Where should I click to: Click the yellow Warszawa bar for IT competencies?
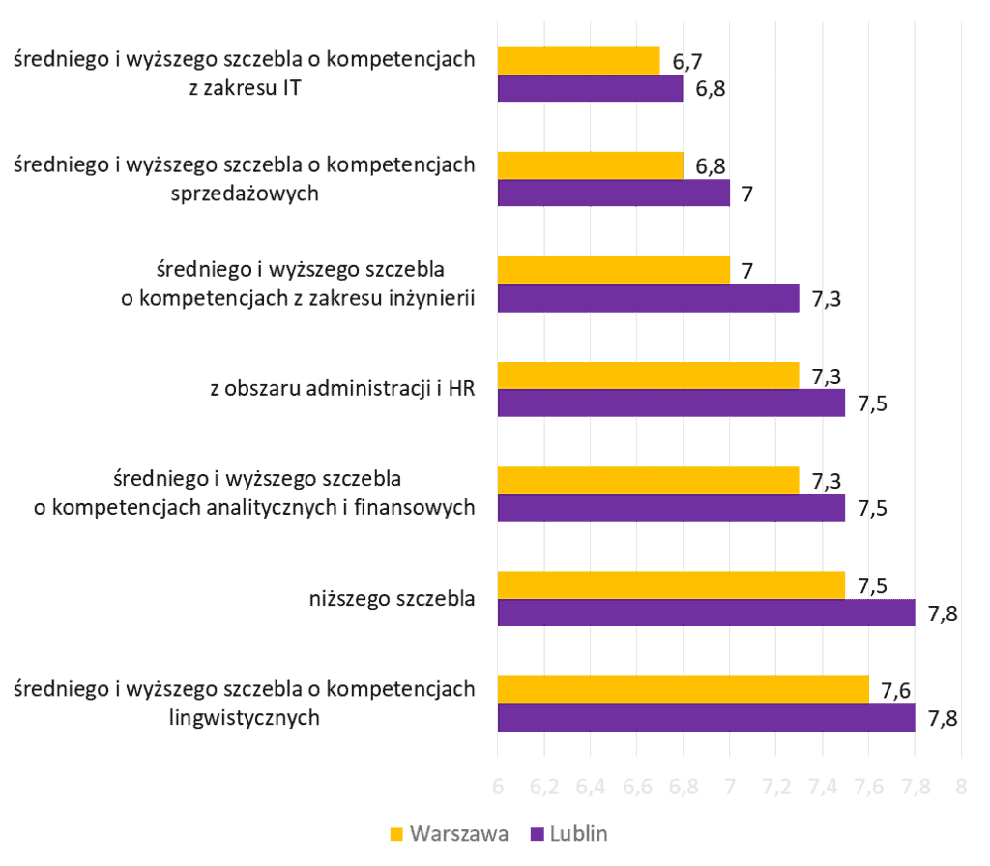[578, 60]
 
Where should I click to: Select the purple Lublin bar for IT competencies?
[590, 89]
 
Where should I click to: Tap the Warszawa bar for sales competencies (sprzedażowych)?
[590, 164]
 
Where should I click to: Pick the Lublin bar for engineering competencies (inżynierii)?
[648, 298]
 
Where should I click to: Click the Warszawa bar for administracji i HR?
[648, 374]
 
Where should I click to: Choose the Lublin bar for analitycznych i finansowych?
[671, 508]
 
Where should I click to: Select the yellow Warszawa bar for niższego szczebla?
[671, 584]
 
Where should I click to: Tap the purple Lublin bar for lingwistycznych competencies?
[706, 718]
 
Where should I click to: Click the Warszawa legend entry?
[449, 835]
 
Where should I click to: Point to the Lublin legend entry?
[569, 835]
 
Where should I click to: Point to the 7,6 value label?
[896, 690]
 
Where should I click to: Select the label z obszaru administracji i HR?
[342, 389]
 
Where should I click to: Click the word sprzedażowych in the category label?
[244, 193]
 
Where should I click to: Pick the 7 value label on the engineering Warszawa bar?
[746, 271]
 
